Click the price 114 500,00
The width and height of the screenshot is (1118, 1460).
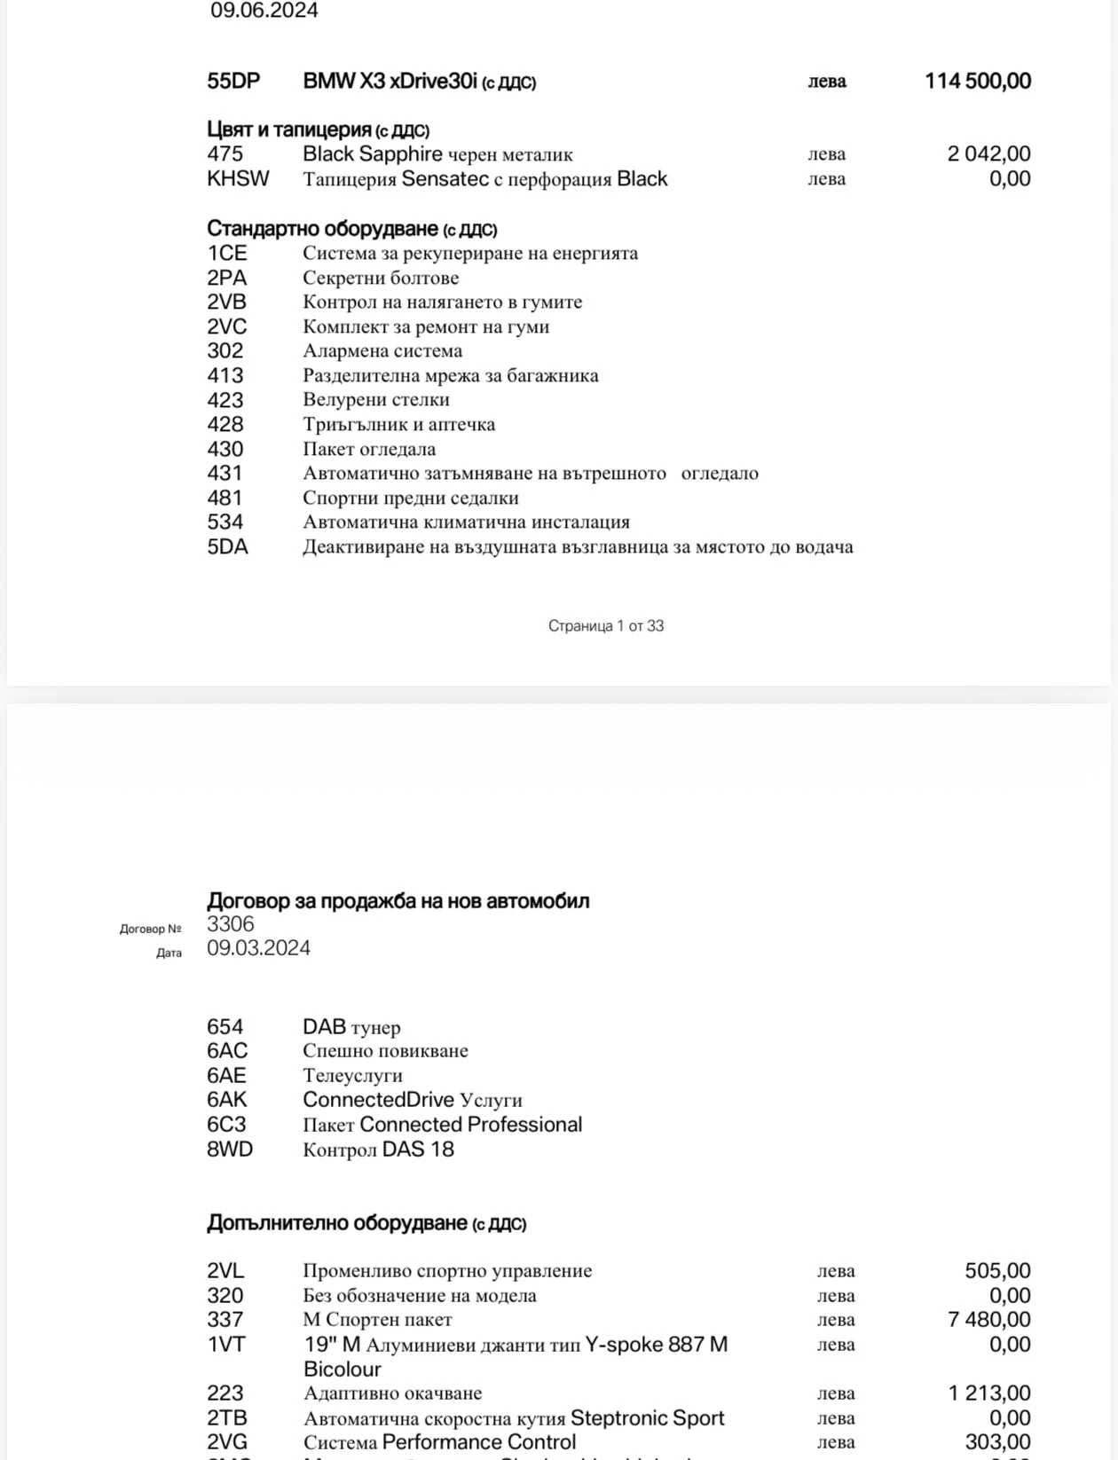point(977,81)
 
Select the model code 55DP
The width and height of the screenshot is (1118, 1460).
point(233,81)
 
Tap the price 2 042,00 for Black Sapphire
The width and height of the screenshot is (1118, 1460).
point(988,153)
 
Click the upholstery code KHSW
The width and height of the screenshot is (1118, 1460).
point(238,178)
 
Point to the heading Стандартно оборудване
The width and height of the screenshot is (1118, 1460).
point(351,229)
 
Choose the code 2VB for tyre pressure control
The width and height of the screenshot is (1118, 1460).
point(227,302)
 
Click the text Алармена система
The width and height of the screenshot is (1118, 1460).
point(382,350)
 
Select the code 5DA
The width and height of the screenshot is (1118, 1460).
point(227,546)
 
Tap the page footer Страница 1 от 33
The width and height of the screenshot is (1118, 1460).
point(606,625)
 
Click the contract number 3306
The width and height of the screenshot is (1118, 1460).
point(231,923)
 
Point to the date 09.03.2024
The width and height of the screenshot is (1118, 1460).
point(258,947)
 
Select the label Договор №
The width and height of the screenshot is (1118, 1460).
point(150,929)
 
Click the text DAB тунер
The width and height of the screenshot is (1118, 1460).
point(351,1026)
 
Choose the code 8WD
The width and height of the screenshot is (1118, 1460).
point(230,1149)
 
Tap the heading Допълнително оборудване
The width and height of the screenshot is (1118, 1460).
point(366,1222)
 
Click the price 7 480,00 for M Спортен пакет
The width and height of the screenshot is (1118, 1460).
point(988,1319)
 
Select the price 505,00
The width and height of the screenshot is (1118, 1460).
point(997,1270)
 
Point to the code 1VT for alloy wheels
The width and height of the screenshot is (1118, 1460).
point(226,1344)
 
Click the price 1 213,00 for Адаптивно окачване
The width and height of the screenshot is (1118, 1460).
point(988,1393)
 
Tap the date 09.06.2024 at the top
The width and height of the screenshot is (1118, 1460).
point(264,11)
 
